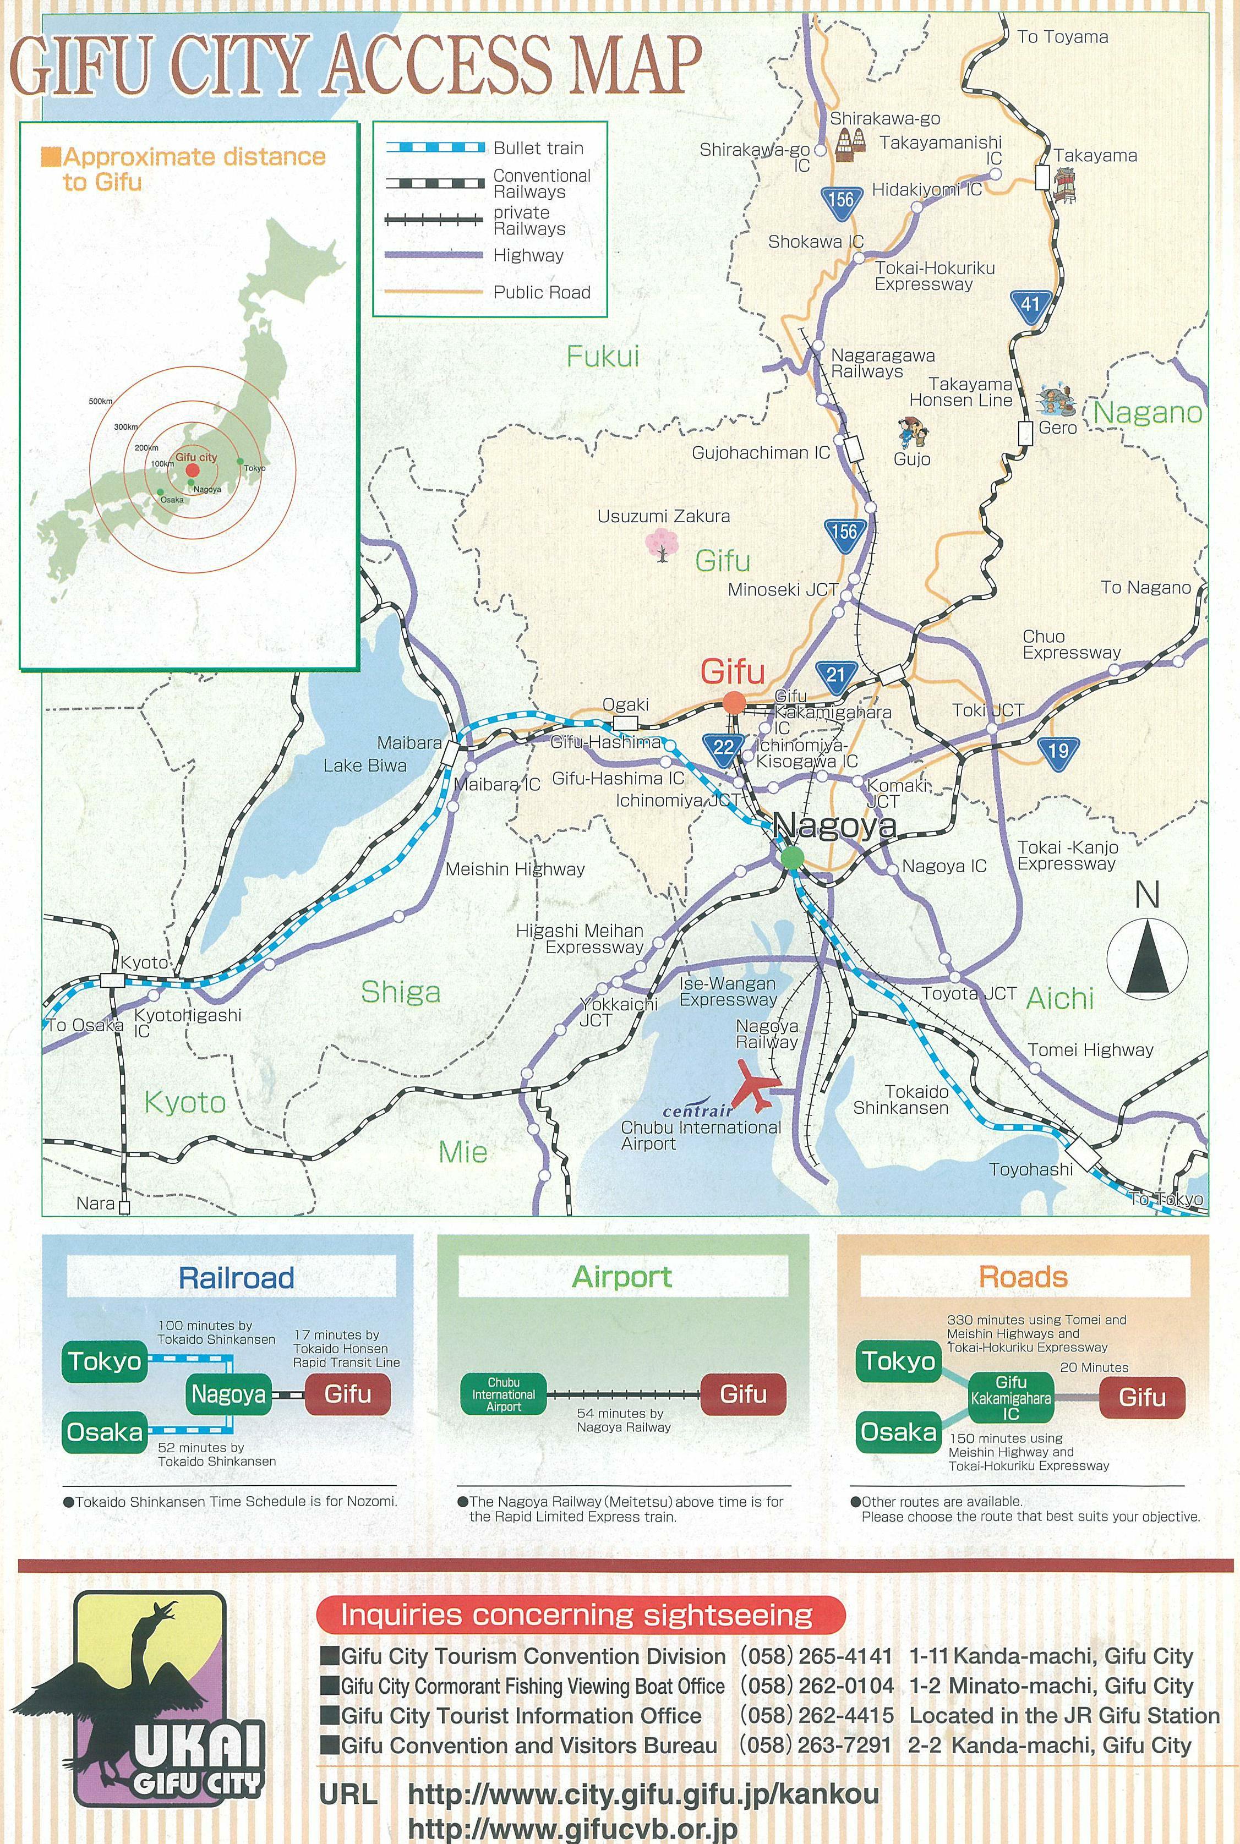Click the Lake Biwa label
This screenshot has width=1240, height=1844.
(x=364, y=765)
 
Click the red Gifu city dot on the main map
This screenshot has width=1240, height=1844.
(x=734, y=702)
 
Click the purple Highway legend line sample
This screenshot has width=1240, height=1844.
(x=434, y=255)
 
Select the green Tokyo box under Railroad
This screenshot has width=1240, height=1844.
(x=105, y=1361)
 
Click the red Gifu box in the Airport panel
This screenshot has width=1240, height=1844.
(x=744, y=1394)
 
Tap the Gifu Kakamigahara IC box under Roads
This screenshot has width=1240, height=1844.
(x=1010, y=1397)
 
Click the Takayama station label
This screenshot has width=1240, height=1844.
(x=1095, y=156)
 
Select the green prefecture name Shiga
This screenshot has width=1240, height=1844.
(x=400, y=992)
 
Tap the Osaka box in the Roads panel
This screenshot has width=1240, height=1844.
(x=898, y=1432)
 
